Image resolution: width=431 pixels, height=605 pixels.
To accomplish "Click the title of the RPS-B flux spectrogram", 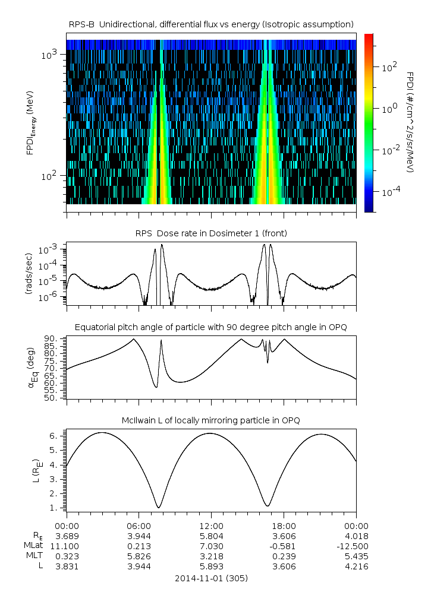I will pyautogui.click(x=211, y=24).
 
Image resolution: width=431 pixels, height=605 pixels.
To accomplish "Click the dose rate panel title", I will pyautogui.click(x=211, y=233).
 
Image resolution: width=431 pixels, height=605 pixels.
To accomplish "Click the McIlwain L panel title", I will pyautogui.click(x=211, y=420).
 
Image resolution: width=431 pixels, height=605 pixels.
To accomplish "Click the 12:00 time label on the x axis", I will pyautogui.click(x=211, y=526).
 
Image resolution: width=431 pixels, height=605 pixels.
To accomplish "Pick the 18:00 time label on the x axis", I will pyautogui.click(x=284, y=526).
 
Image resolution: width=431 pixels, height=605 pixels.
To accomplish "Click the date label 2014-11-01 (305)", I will pyautogui.click(x=211, y=578).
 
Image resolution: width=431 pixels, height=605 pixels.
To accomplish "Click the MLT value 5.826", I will pyautogui.click(x=139, y=556).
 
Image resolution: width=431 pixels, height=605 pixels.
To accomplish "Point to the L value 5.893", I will pyautogui.click(x=211, y=566).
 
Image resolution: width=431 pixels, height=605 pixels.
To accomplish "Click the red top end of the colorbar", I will pyautogui.click(x=369, y=37).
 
